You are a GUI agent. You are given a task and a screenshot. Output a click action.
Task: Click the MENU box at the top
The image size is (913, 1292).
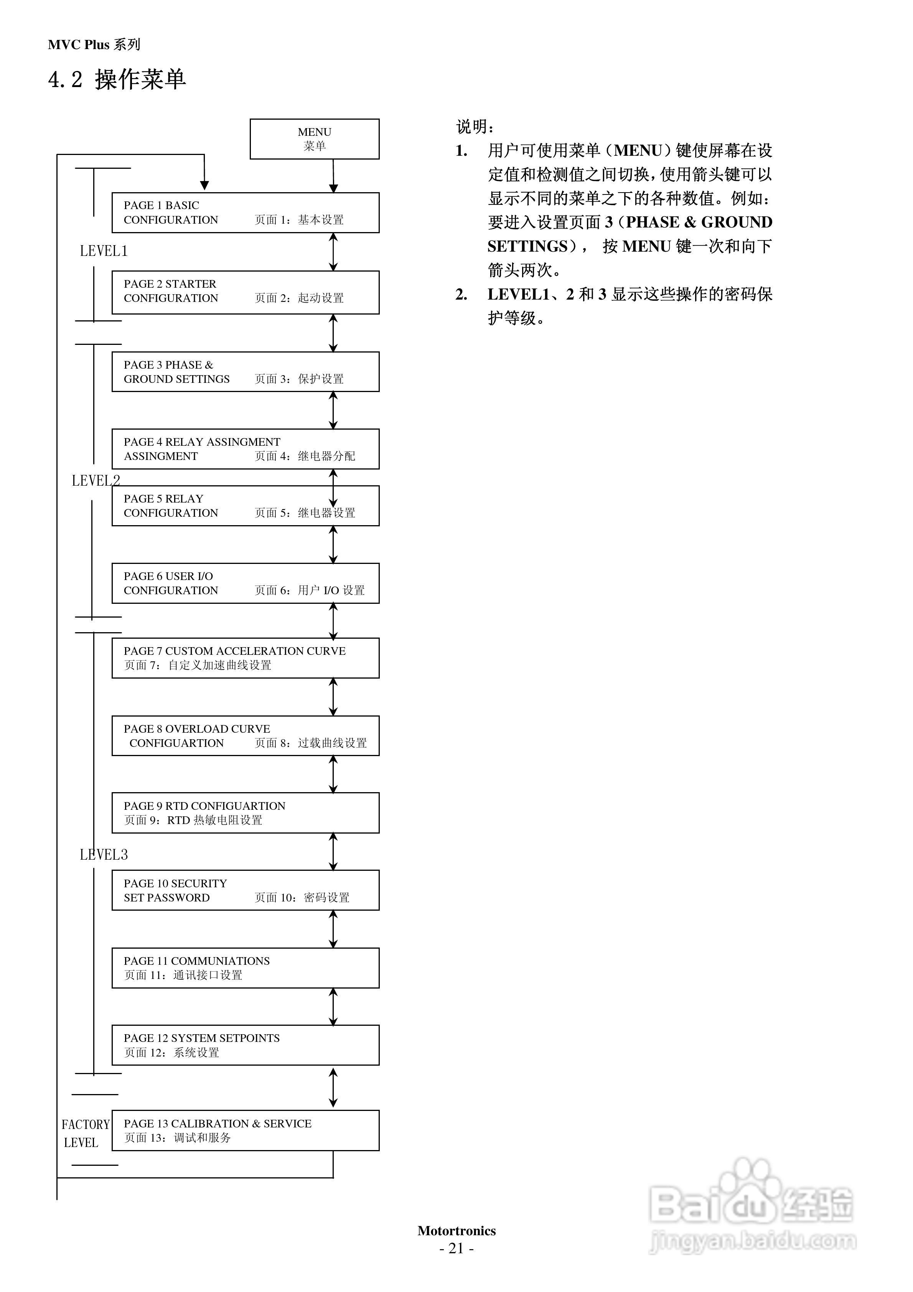(314, 139)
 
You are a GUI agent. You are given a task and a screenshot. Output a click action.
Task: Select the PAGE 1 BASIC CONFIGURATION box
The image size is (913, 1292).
(246, 213)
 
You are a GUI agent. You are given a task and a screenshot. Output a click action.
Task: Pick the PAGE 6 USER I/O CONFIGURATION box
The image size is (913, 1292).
(246, 583)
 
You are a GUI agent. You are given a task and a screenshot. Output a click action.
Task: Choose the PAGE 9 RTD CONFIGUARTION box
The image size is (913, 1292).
(246, 812)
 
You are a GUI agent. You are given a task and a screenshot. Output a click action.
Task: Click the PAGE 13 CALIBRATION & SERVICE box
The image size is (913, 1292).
(246, 1130)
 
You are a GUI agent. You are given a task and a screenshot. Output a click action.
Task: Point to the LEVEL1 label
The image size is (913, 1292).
(104, 251)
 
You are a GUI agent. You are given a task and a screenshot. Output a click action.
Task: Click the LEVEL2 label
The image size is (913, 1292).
(96, 481)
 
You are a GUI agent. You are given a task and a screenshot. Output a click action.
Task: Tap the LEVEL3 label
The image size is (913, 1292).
(104, 855)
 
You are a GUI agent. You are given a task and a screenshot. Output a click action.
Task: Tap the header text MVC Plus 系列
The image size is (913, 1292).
(94, 45)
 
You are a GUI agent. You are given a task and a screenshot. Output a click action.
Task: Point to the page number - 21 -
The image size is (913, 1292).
(457, 1248)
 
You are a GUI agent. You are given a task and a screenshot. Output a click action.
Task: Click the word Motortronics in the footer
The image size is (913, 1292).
(457, 1231)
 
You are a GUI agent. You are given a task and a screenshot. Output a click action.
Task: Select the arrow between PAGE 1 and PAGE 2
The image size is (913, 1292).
(333, 252)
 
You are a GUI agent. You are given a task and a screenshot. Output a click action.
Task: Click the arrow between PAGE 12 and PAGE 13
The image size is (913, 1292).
(333, 1088)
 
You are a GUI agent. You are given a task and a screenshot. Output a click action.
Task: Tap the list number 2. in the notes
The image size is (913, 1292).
(461, 294)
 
